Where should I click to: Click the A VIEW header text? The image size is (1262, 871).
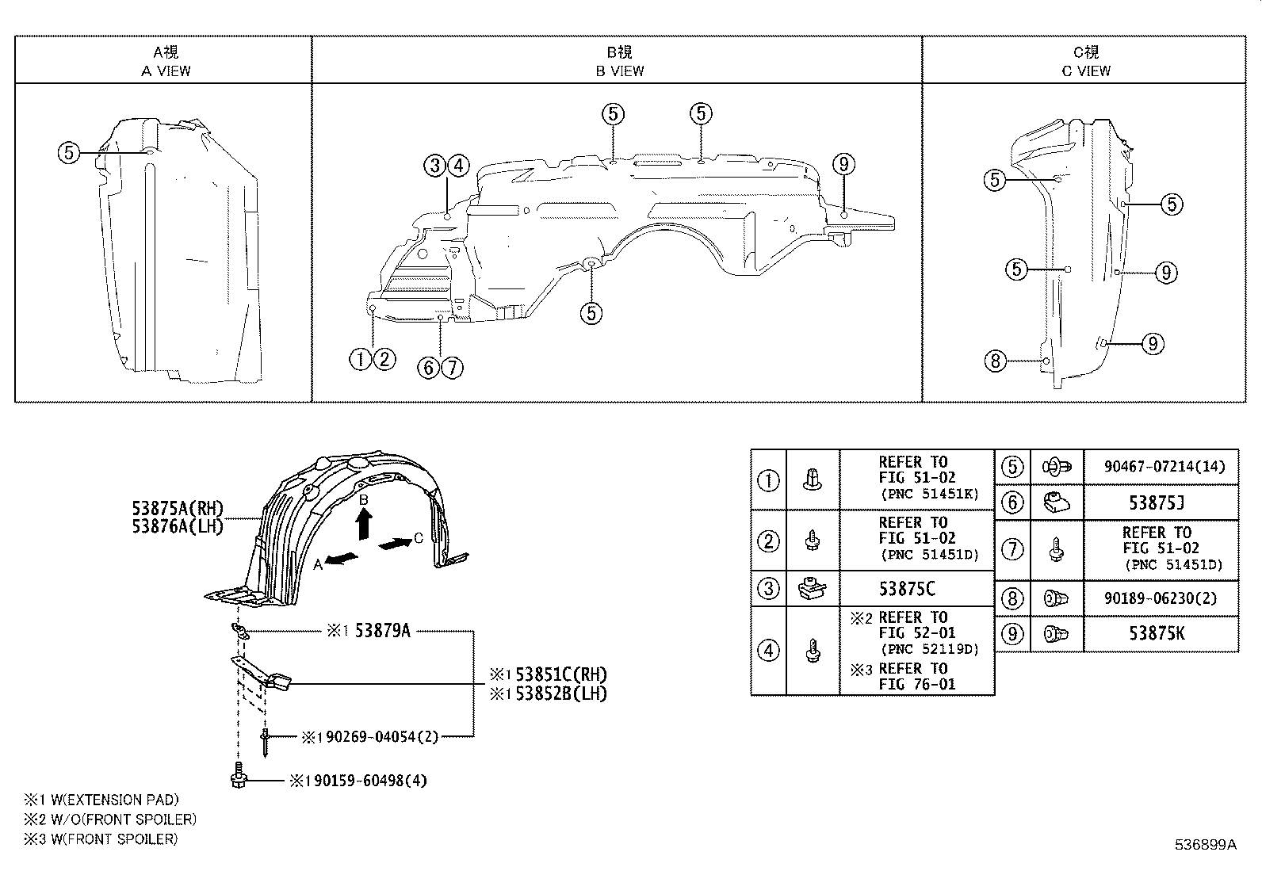(x=166, y=71)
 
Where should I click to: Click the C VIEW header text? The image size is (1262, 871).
(x=1085, y=71)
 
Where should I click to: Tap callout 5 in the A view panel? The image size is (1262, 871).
(x=69, y=152)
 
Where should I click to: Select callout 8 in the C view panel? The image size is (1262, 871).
(x=995, y=361)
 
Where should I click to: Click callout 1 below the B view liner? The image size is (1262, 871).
(x=360, y=360)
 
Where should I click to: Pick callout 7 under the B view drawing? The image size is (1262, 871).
(x=452, y=367)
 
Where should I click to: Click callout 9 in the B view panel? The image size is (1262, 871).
(x=843, y=165)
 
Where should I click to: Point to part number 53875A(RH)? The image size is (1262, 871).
(x=178, y=508)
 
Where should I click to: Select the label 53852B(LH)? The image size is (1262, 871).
(x=560, y=693)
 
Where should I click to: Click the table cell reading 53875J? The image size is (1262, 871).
(x=1161, y=502)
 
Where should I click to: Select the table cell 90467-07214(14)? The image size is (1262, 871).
(x=1161, y=468)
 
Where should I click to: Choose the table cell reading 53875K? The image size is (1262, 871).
(x=1161, y=633)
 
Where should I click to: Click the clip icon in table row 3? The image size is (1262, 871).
(x=812, y=589)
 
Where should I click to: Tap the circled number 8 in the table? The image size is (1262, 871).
(x=1012, y=598)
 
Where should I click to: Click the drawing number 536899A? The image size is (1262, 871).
(x=1204, y=845)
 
